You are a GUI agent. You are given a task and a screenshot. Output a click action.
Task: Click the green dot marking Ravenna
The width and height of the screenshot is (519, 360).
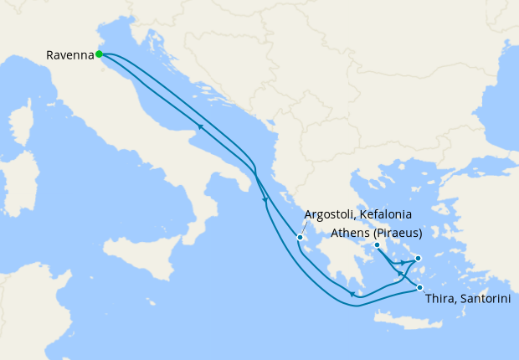pos(99,54)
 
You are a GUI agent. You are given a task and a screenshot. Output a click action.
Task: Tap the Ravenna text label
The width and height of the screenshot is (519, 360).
pos(69,56)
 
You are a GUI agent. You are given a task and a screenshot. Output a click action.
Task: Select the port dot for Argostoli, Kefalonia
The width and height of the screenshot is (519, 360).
pos(300,238)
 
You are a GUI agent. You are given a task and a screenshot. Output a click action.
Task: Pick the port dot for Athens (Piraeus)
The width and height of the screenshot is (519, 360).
pos(377,245)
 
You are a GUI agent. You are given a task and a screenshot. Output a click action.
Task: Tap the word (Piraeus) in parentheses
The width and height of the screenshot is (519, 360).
pos(397,233)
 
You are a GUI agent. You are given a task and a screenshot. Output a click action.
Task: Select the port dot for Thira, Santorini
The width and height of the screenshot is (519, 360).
pos(420,289)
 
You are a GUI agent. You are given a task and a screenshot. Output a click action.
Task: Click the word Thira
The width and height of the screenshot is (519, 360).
pos(441,300)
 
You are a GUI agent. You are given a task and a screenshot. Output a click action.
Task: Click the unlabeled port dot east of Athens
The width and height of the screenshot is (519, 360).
pos(418,258)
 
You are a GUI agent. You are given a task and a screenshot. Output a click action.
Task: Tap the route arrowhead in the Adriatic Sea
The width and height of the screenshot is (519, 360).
pos(200,127)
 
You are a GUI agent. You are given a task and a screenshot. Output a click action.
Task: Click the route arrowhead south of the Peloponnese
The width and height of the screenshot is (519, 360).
pos(354,295)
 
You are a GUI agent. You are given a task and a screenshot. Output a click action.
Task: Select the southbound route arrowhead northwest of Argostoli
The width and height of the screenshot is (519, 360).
pos(265,199)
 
